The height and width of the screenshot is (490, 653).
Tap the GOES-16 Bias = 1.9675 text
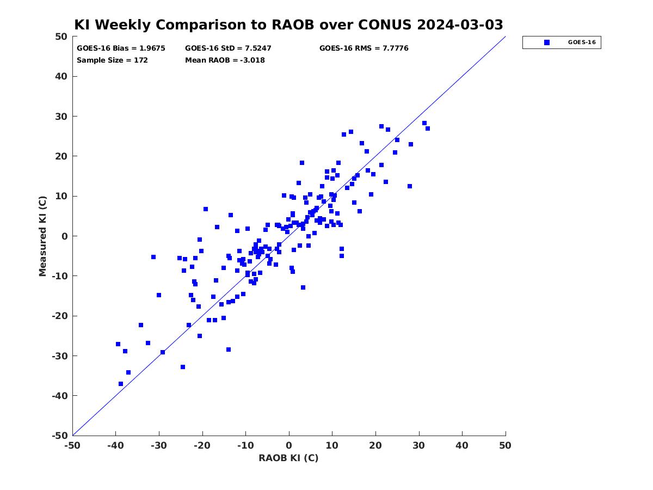pyautogui.click(x=121, y=48)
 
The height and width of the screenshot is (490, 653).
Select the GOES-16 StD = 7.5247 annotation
pyautogui.click(x=228, y=48)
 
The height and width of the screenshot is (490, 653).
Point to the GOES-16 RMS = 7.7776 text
pyautogui.click(x=364, y=48)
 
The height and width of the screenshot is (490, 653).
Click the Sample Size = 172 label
pyautogui.click(x=112, y=60)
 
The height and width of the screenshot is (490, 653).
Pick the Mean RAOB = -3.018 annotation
pyautogui.click(x=225, y=60)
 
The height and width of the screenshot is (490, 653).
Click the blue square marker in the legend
pyautogui.click(x=546, y=42)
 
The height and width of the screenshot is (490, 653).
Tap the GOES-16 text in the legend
pyautogui.click(x=582, y=42)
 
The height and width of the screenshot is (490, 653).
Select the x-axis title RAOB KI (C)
pyautogui.click(x=288, y=458)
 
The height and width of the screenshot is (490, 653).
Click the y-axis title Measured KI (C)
pyautogui.click(x=42, y=236)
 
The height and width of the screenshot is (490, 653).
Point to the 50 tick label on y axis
pyautogui.click(x=61, y=36)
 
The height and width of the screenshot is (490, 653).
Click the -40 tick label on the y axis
pyautogui.click(x=60, y=396)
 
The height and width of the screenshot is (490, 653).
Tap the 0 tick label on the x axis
pyautogui.click(x=289, y=445)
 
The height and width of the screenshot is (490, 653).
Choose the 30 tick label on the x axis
pyautogui.click(x=418, y=445)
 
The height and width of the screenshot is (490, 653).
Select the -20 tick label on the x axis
pyautogui.click(x=202, y=445)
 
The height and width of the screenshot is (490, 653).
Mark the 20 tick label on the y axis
pyautogui.click(x=61, y=156)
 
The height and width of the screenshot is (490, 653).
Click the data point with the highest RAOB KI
pyautogui.click(x=428, y=128)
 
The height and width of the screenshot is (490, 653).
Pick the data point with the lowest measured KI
pyautogui.click(x=121, y=384)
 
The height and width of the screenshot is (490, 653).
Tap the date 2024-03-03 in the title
pyautogui.click(x=460, y=24)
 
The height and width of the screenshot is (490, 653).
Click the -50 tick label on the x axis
pyautogui.click(x=72, y=445)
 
